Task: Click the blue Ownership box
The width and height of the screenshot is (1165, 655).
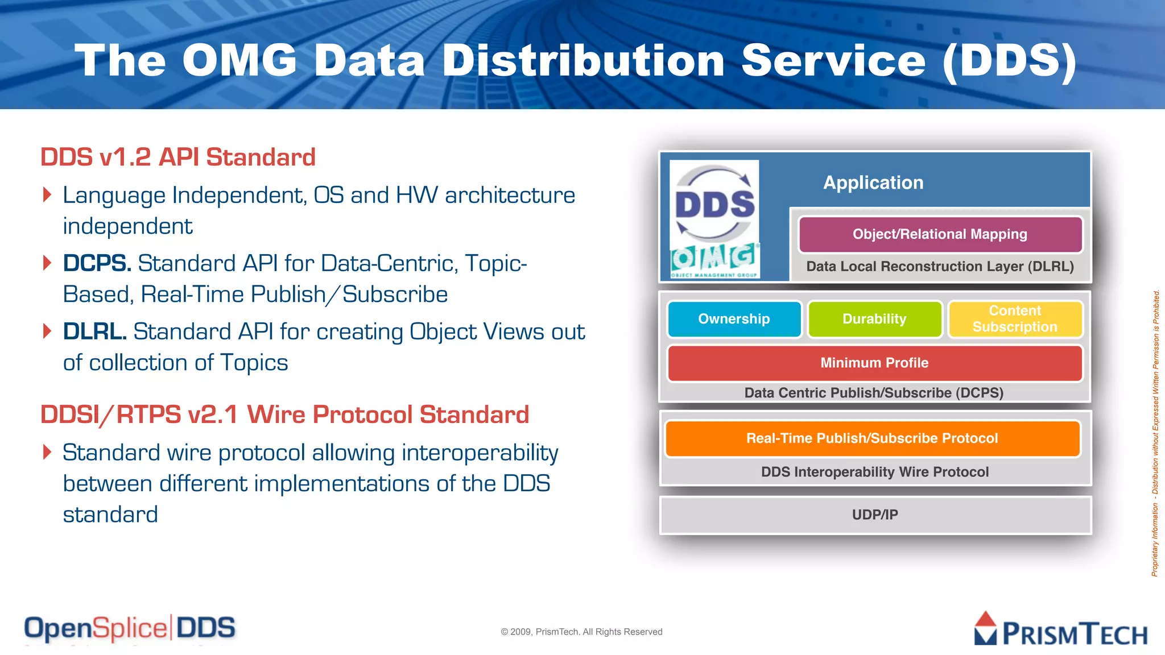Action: tap(734, 319)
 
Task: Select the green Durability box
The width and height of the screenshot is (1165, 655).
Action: tap(874, 319)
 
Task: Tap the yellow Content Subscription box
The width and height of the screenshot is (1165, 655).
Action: tap(1015, 319)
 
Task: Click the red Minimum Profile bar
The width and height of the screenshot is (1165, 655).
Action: tap(874, 363)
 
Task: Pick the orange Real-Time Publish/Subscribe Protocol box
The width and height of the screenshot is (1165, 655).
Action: tap(872, 438)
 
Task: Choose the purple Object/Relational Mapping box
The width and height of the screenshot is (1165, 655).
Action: tap(940, 234)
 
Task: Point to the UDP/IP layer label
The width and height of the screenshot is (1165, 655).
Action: tap(875, 515)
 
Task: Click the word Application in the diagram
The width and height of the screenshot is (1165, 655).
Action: tap(873, 183)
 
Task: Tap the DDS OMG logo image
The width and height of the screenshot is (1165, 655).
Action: tap(714, 219)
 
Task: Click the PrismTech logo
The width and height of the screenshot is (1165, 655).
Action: tap(1061, 629)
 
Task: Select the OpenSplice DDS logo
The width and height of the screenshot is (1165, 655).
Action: tap(130, 628)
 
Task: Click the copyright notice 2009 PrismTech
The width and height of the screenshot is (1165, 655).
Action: tap(581, 632)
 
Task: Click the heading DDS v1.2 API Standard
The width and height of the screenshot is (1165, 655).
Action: tap(177, 157)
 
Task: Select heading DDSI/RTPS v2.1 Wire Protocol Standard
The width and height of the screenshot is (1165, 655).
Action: tap(284, 414)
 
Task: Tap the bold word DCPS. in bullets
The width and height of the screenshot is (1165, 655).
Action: tap(97, 264)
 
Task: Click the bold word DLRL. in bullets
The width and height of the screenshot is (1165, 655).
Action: tap(94, 332)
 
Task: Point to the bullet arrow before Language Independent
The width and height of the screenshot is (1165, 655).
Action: tap(47, 195)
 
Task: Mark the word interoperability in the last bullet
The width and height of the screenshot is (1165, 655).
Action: tap(480, 453)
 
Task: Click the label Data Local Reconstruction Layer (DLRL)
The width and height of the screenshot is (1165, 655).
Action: tap(940, 267)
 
